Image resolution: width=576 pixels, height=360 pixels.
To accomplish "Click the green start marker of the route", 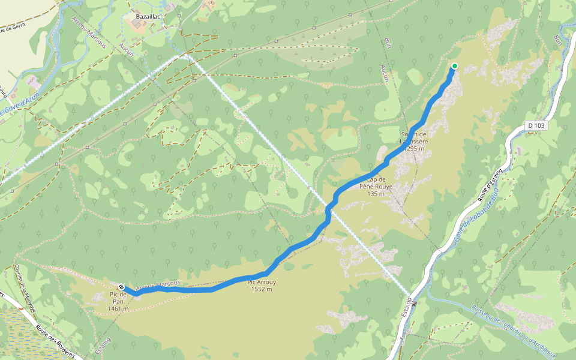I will (x=455, y=66).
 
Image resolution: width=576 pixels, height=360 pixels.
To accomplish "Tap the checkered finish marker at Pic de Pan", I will (x=121, y=287).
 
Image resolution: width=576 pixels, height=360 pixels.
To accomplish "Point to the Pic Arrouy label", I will (x=261, y=281).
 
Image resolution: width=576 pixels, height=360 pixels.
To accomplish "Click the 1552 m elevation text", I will (x=261, y=289).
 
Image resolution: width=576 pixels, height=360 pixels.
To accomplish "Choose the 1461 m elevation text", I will (x=118, y=309).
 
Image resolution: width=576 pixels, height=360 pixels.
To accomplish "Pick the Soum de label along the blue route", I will (x=413, y=134).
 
